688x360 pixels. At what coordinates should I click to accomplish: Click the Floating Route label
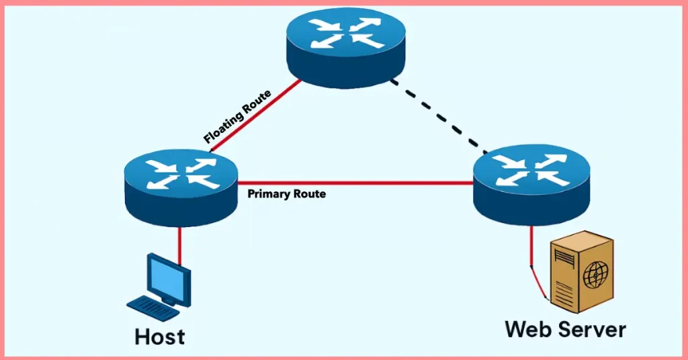(237, 117)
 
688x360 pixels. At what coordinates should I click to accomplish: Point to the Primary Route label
(286, 194)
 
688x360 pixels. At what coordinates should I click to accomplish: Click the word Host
(160, 336)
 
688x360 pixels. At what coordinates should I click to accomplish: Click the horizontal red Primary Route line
(356, 182)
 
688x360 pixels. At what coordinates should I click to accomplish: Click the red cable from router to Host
(179, 245)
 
